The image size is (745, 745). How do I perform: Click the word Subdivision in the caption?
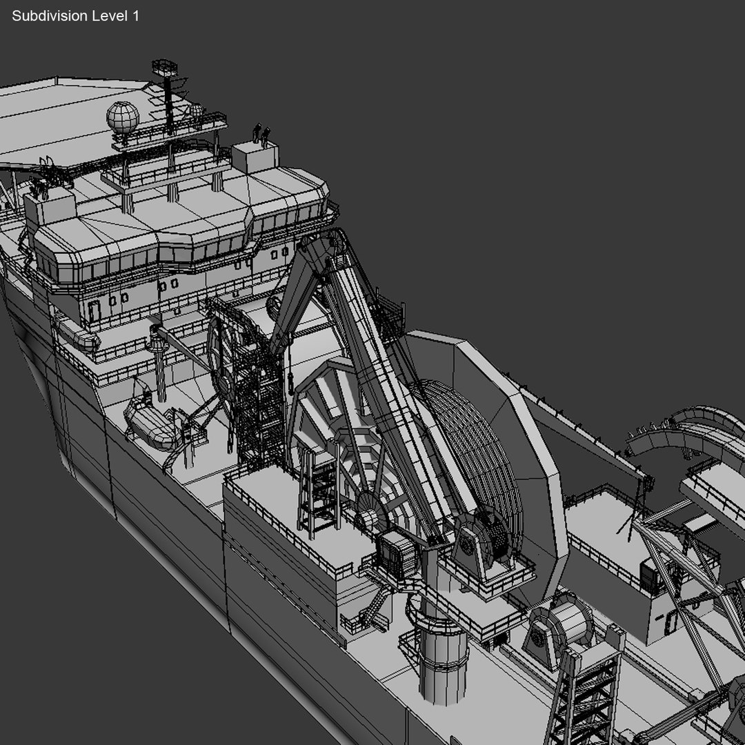pos(50,16)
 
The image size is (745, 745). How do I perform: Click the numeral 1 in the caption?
pos(135,16)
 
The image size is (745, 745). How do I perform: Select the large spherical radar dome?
pos(122,117)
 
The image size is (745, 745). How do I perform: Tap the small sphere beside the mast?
pos(196,110)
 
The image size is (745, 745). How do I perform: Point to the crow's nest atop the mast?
pos(165,68)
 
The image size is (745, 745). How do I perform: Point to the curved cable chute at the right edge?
pos(683,428)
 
